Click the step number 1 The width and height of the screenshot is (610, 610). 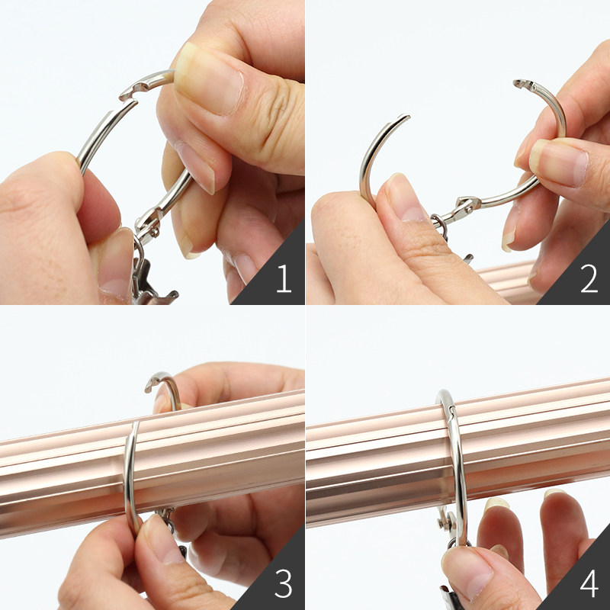284,278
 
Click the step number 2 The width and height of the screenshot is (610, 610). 589,278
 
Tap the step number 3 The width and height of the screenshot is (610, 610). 283,583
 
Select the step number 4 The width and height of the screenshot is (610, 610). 589,583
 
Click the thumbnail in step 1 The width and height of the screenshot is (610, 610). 209,80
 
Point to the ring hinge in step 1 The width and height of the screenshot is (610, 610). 148,224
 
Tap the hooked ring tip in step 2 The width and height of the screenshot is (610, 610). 523,84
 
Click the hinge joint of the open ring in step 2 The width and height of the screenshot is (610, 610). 467,204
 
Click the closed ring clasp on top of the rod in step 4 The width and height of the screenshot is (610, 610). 448,406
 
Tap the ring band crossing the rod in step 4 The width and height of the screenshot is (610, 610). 458,467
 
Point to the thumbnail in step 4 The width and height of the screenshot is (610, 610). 467,569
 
